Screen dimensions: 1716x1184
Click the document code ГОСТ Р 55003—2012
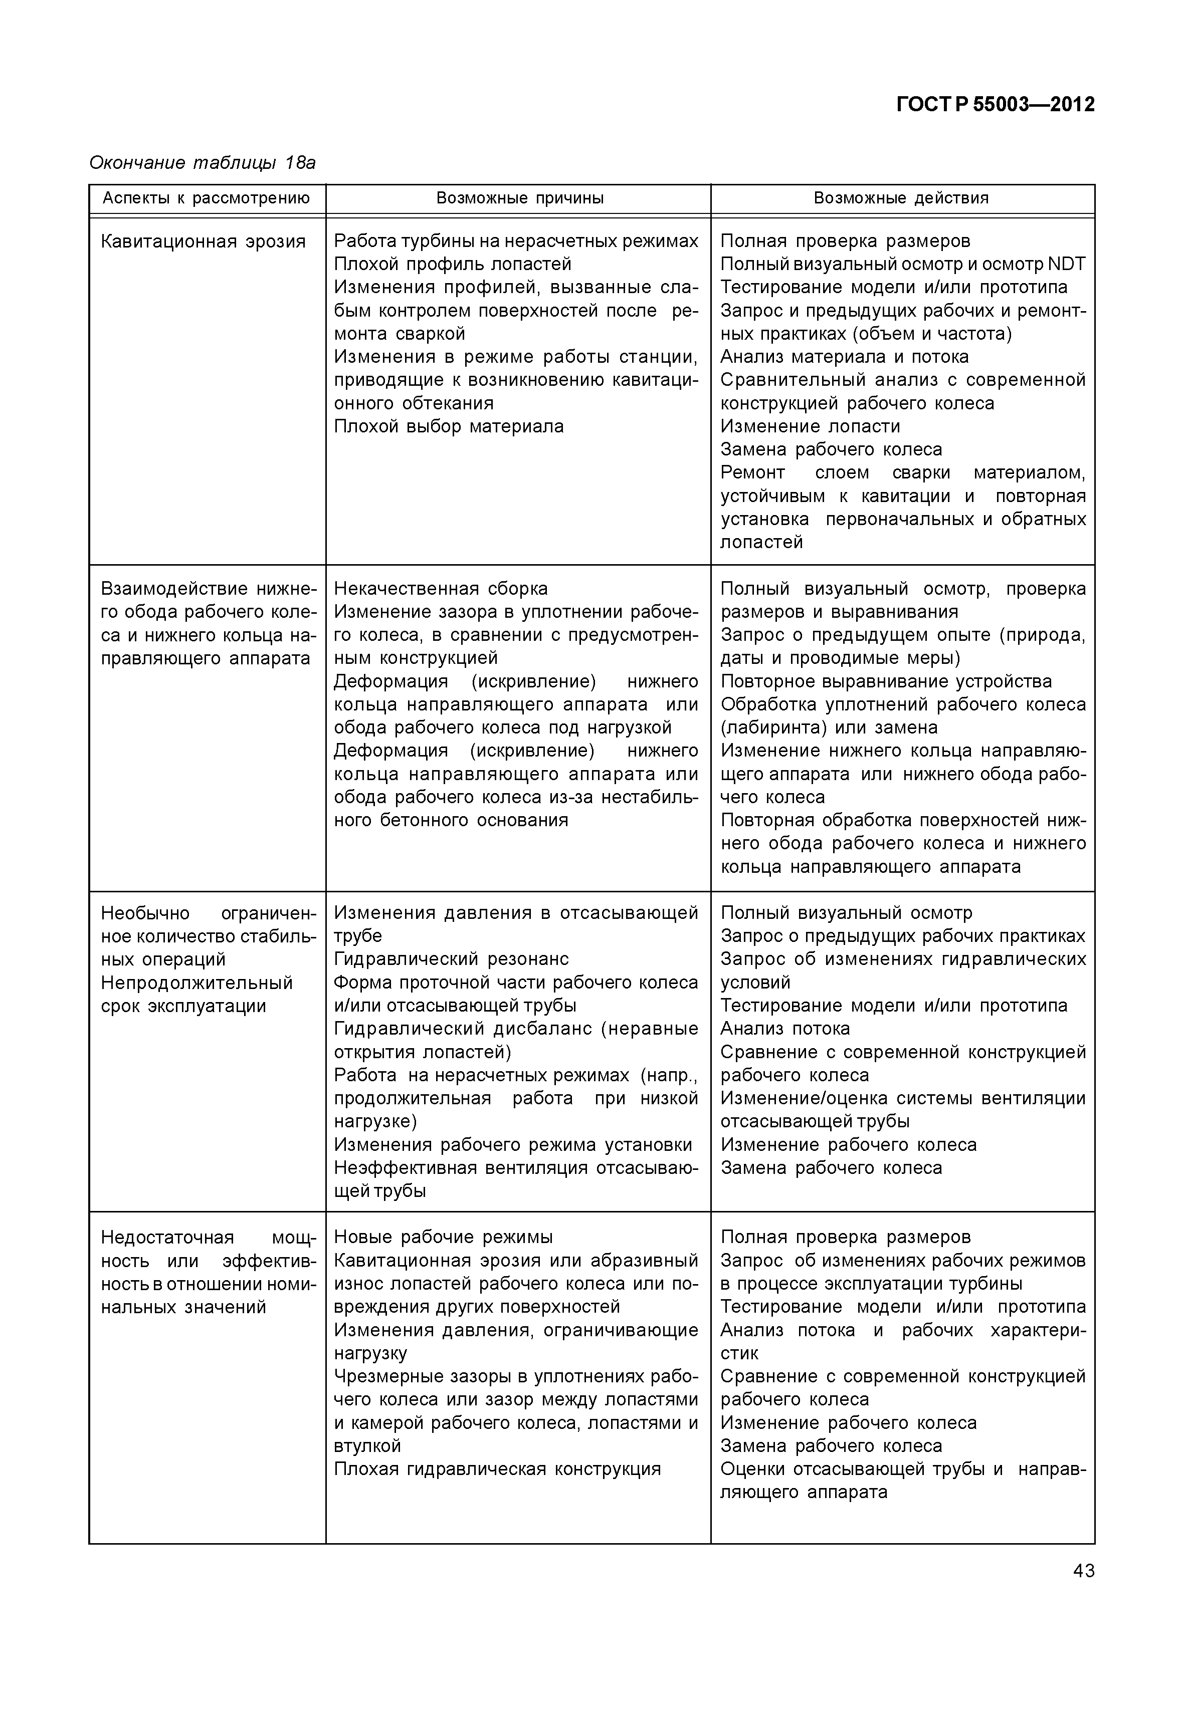996,105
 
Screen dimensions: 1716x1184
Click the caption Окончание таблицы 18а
202,162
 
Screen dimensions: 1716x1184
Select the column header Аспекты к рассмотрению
206,198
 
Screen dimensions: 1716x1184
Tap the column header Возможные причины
519,198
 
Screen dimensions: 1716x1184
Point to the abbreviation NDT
1066,264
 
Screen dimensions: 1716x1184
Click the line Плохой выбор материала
448,426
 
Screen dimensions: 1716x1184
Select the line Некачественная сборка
441,589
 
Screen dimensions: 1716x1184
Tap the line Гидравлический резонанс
451,959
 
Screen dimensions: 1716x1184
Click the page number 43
1083,1571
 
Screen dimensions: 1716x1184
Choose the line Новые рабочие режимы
443,1237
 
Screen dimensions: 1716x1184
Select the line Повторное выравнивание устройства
886,681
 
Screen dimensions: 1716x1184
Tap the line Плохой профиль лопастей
453,264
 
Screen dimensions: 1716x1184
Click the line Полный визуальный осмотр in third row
846,913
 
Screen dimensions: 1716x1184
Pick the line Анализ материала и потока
844,357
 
